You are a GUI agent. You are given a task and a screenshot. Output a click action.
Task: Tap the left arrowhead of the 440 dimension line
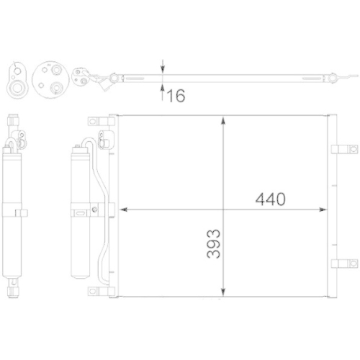point(123,210)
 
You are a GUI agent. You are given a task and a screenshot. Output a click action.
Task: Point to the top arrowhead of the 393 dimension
point(227,120)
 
